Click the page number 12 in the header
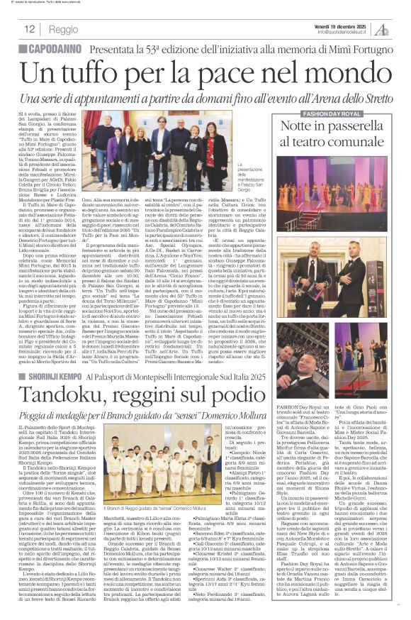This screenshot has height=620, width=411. [x=29, y=29]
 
